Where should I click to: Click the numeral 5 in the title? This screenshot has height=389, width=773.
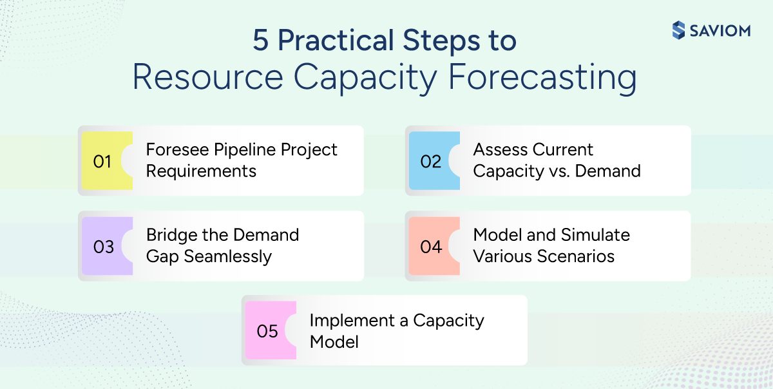261,41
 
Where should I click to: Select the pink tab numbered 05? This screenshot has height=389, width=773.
267,331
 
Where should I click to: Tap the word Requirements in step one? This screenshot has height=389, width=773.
201,171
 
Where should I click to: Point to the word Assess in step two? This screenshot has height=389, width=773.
497,149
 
